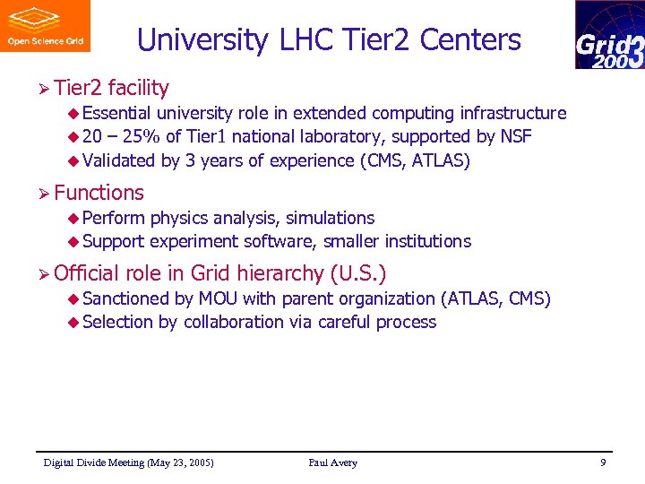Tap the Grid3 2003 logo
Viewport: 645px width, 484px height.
[609, 35]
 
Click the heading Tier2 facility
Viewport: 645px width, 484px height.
[111, 88]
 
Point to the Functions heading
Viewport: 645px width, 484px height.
[99, 193]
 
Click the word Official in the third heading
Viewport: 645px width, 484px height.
[87, 273]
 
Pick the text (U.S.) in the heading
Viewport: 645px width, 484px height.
[358, 273]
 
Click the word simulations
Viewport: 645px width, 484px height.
[330, 218]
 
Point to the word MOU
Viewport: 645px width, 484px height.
[218, 298]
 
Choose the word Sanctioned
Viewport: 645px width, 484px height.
[125, 298]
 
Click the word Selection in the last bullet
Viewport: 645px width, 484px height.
[117, 323]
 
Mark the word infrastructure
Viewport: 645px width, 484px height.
[512, 113]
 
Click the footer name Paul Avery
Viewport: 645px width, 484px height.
[332, 462]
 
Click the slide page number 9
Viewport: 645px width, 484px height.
[603, 462]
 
